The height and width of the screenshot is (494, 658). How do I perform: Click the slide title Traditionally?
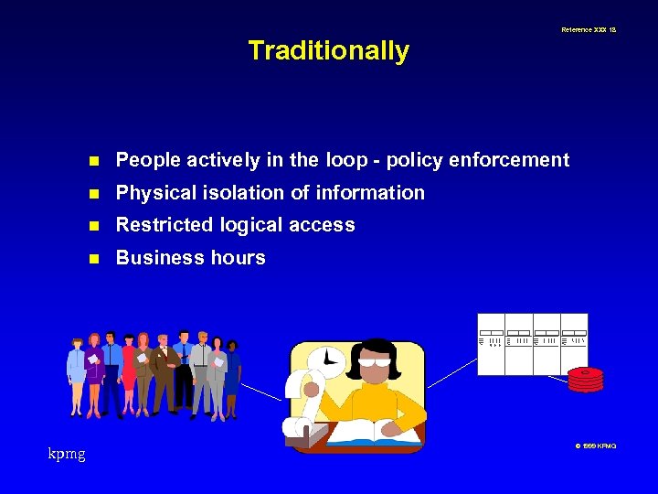pos(328,50)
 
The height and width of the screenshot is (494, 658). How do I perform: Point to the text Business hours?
pos(190,258)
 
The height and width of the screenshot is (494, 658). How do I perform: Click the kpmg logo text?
pos(67,454)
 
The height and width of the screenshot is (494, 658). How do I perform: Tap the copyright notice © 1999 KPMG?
pos(595,446)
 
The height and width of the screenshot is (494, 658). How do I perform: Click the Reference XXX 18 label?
pos(588,30)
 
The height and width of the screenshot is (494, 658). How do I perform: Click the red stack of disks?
pos(585,380)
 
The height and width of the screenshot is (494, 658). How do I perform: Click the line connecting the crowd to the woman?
pos(263,392)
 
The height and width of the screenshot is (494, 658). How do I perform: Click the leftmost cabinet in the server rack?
pos(491,344)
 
